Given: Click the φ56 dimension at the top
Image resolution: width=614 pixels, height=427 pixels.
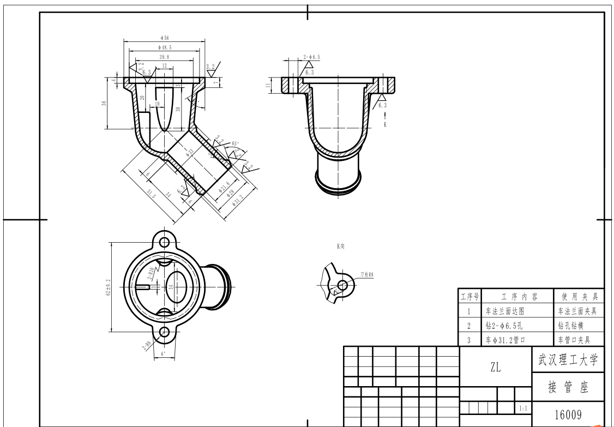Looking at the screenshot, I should pos(164,38).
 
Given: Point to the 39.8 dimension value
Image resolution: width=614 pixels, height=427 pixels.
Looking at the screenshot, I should pos(164,56).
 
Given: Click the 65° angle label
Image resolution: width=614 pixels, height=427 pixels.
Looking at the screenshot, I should pos(236,143).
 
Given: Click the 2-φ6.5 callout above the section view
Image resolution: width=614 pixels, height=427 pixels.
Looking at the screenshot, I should pos(311,57).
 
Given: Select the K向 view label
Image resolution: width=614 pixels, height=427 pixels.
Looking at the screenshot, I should pos(341,246).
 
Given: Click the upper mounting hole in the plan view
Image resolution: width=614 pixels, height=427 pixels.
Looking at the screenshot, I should pos(164,241).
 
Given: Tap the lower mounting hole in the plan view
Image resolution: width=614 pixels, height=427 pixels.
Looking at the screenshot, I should pos(164,332).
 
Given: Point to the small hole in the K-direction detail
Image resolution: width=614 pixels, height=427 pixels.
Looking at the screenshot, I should pos(342,284).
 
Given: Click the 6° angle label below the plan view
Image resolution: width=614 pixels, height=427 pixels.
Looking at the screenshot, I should pos(163,354).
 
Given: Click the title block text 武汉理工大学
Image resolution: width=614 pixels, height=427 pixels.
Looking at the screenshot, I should pos(568,360).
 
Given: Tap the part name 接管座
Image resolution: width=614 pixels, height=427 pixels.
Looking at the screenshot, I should pos(568,388).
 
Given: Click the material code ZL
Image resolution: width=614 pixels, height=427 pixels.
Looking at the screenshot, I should pos(495,368).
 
